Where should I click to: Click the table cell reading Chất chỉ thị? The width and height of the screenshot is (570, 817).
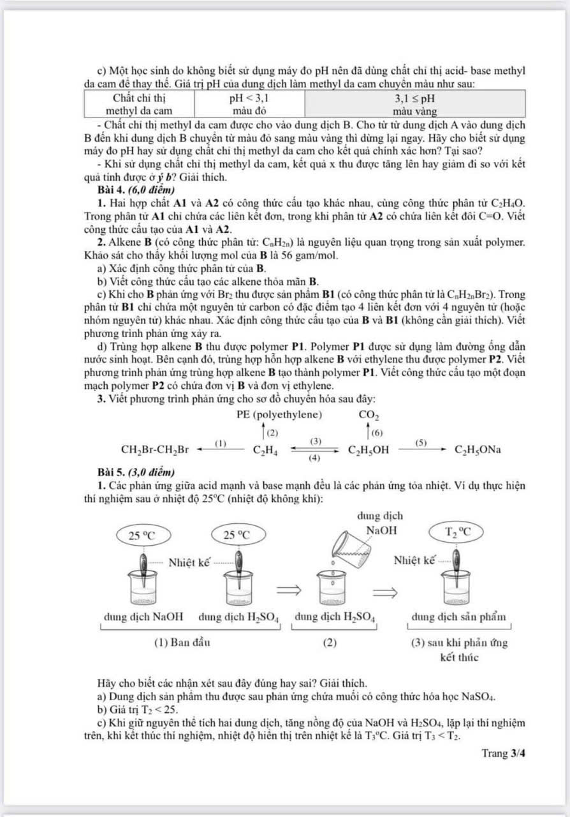tap(139, 99)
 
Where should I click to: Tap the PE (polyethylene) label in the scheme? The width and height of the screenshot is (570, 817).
tap(279, 414)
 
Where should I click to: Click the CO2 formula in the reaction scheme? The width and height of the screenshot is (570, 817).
tap(370, 416)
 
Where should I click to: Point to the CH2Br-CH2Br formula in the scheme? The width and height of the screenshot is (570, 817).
tap(156, 449)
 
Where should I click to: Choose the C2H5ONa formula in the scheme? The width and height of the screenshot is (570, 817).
tap(477, 449)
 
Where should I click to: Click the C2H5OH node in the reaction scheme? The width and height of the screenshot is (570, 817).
tap(369, 449)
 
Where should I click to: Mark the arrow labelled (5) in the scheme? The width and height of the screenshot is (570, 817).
tap(421, 449)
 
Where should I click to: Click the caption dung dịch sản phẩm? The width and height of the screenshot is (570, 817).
tap(460, 617)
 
